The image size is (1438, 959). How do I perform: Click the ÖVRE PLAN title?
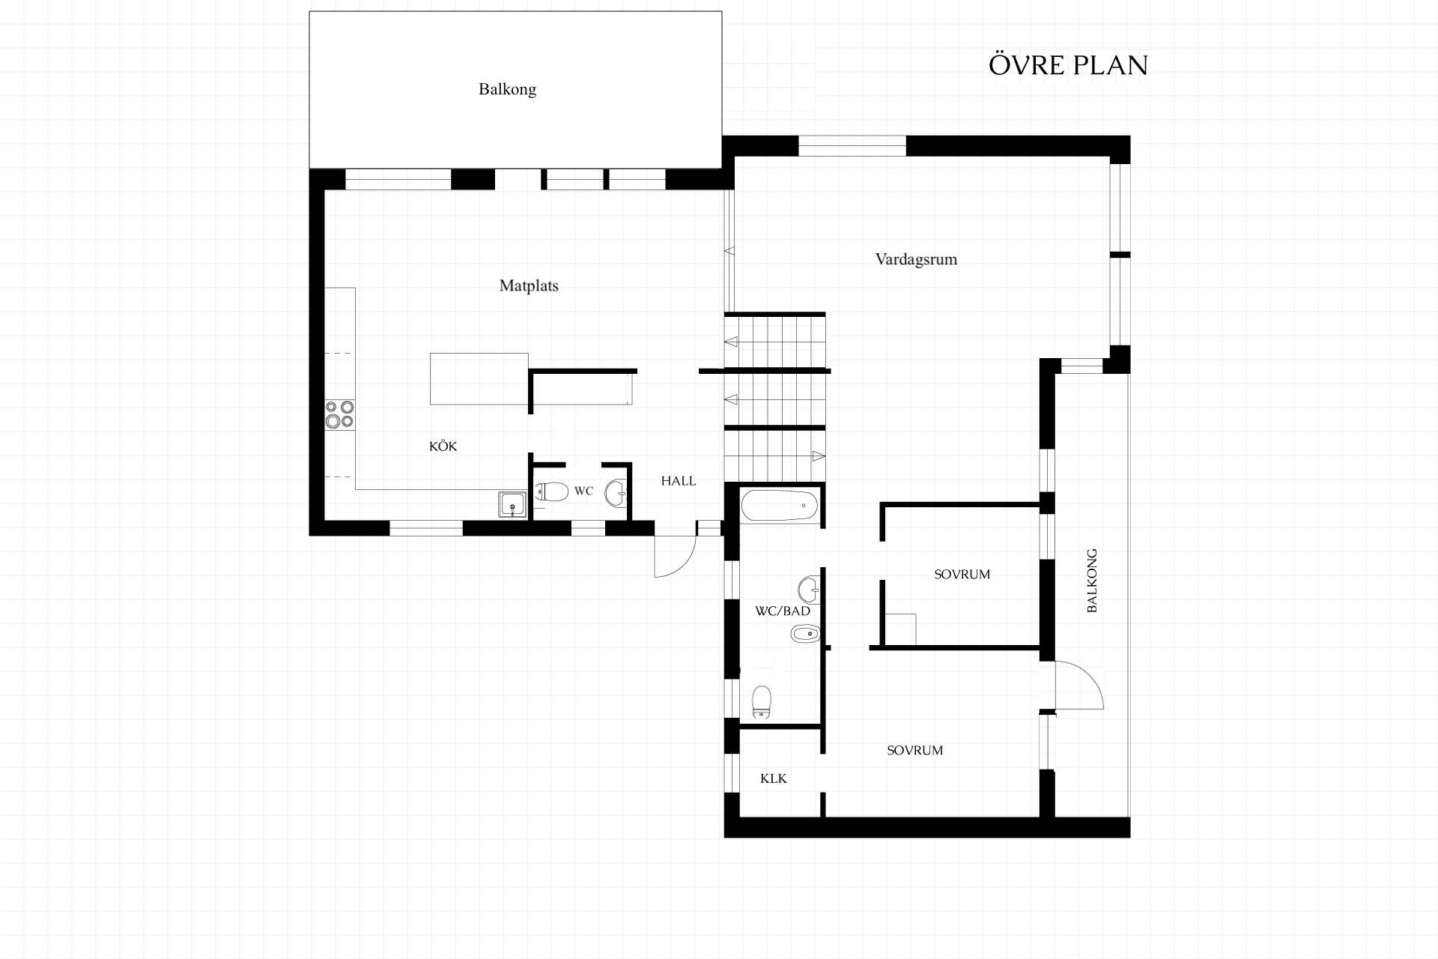(1068, 65)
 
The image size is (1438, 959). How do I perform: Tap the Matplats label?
(529, 285)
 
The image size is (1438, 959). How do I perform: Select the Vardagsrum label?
(916, 259)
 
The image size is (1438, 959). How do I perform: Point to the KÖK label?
(443, 446)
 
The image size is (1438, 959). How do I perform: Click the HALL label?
(679, 481)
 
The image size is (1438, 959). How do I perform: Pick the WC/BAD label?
(783, 611)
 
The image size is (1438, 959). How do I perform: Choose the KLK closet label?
(774, 778)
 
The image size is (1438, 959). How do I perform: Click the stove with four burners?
(339, 414)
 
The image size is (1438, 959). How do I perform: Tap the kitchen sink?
(513, 505)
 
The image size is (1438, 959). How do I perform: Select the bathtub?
(779, 506)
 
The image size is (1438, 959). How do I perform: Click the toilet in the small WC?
(552, 491)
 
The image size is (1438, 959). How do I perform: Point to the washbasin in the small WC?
(616, 493)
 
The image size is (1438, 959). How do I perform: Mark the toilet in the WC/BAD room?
(762, 703)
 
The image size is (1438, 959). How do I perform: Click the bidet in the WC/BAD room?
(806, 635)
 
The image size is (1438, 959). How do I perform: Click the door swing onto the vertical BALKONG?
(1078, 685)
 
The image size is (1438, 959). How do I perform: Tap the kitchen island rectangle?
(479, 378)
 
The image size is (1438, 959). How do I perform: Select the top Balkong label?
(507, 89)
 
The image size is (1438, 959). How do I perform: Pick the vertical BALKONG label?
(1091, 581)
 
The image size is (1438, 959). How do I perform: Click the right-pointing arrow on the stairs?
(819, 456)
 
